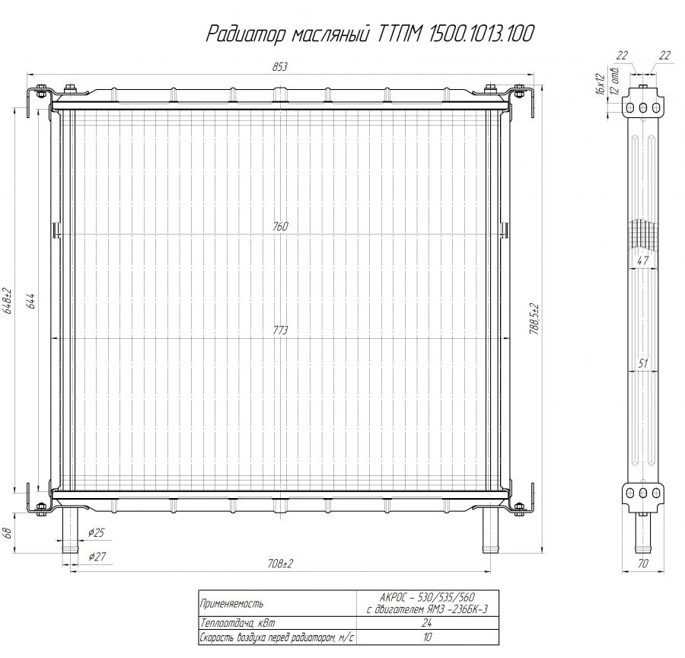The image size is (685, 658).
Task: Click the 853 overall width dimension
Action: click(x=279, y=67)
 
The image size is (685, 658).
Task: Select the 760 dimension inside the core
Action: click(x=281, y=227)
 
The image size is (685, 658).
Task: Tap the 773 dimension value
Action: click(x=281, y=331)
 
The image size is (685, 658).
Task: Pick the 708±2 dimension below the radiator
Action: click(x=281, y=564)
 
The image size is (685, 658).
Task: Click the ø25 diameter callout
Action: click(x=97, y=531)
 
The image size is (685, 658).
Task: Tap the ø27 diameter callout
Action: click(x=97, y=557)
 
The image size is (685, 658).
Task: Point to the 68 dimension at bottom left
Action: click(x=8, y=532)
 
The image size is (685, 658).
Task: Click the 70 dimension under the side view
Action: click(x=643, y=565)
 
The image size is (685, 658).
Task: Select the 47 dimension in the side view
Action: click(x=643, y=260)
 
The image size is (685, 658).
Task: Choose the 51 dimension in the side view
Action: click(x=643, y=364)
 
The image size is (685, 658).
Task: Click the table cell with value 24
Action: click(x=425, y=622)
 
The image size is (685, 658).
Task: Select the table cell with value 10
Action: click(x=425, y=637)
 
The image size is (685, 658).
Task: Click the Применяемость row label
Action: click(x=232, y=604)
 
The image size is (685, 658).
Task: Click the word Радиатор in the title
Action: click(x=243, y=34)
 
